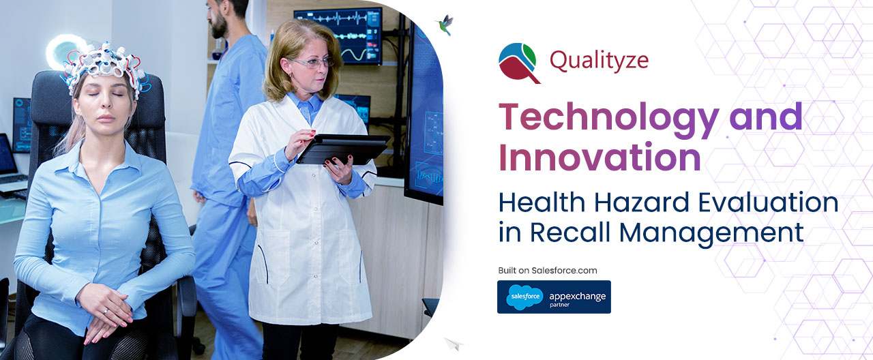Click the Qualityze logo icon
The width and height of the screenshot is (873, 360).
pyautogui.click(x=519, y=63)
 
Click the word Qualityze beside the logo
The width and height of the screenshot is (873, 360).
pyautogui.click(x=599, y=61)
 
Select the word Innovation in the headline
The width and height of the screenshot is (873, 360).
pyautogui.click(x=600, y=157)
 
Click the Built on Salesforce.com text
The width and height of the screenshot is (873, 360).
pyautogui.click(x=548, y=271)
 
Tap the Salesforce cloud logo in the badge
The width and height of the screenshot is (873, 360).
pyautogui.click(x=524, y=297)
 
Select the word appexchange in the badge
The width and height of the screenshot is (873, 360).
pyautogui.click(x=578, y=297)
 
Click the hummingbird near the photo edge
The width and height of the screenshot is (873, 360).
pyautogui.click(x=445, y=24)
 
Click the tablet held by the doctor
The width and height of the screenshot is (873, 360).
pyautogui.click(x=342, y=149)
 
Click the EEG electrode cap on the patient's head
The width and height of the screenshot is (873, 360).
pyautogui.click(x=105, y=67)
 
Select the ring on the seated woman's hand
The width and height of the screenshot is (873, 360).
pyautogui.click(x=106, y=311)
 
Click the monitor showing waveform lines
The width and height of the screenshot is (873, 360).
pyautogui.click(x=338, y=36)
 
